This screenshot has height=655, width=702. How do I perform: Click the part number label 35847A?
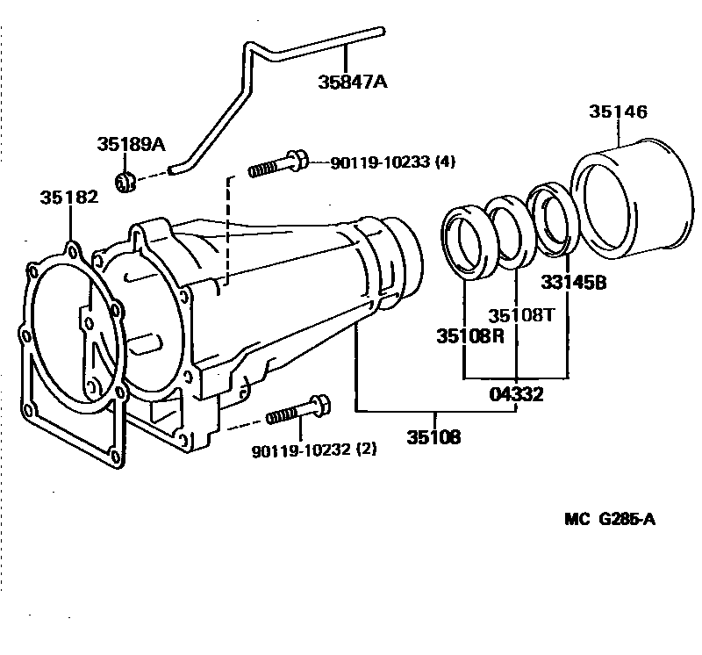pyautogui.click(x=353, y=83)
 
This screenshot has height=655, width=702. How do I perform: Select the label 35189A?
pyautogui.click(x=131, y=144)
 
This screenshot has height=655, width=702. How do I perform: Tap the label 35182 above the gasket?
pyautogui.click(x=69, y=198)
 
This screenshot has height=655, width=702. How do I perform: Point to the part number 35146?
pyautogui.click(x=618, y=112)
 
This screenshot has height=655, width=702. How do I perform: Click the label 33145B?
pyautogui.click(x=574, y=283)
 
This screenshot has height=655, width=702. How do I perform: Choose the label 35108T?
pyautogui.click(x=520, y=315)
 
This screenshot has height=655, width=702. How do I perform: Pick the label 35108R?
pyautogui.click(x=470, y=336)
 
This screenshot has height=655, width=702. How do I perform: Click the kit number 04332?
pyautogui.click(x=516, y=394)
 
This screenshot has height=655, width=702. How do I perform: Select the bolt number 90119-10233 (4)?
pyautogui.click(x=392, y=162)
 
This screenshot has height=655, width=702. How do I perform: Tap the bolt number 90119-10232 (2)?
pyautogui.click(x=314, y=450)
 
